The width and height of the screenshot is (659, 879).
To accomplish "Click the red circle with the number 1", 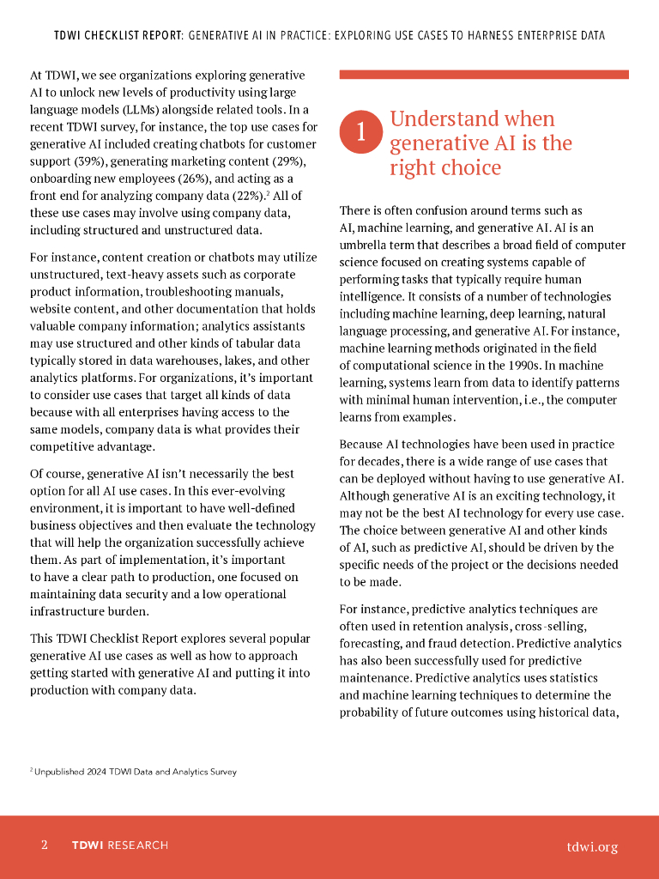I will point(361,131).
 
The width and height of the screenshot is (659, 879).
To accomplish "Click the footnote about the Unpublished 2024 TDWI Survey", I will point(134,772).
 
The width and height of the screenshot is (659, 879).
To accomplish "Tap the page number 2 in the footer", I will point(45,846).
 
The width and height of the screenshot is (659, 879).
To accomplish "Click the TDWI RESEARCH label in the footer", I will point(120,846).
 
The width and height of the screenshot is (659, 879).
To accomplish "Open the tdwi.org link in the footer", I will point(592,846).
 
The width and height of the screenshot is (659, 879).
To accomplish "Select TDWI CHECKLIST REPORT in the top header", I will point(118,36).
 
